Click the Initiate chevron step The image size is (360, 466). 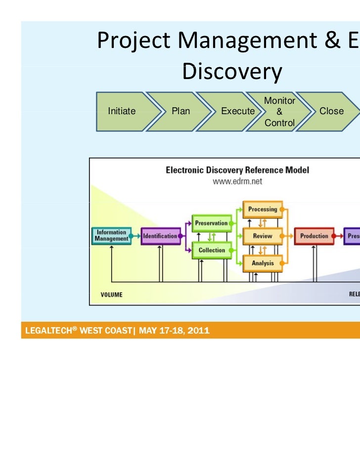pyautogui.click(x=122, y=111)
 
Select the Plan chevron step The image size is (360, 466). pyautogui.click(x=180, y=111)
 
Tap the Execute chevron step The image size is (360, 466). pyautogui.click(x=237, y=111)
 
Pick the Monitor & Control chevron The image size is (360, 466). pyautogui.click(x=280, y=111)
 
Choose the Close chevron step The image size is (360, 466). pyautogui.click(x=331, y=111)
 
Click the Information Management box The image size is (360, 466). pyautogui.click(x=111, y=236)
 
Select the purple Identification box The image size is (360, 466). pyautogui.click(x=160, y=236)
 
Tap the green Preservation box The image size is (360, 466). pyautogui.click(x=211, y=223)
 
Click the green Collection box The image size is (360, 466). pyautogui.click(x=212, y=250)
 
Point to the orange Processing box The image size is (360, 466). pyautogui.click(x=263, y=210)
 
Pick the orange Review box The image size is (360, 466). pyautogui.click(x=263, y=236)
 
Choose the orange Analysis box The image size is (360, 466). pyautogui.click(x=263, y=263)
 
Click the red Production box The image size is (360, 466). pyautogui.click(x=314, y=236)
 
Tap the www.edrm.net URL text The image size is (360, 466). pyautogui.click(x=237, y=181)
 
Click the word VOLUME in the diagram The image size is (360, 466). pyautogui.click(x=111, y=295)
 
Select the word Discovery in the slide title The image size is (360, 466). pyautogui.click(x=232, y=73)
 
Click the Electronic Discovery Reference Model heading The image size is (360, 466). pyautogui.click(x=237, y=170)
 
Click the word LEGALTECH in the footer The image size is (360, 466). pyautogui.click(x=48, y=331)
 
